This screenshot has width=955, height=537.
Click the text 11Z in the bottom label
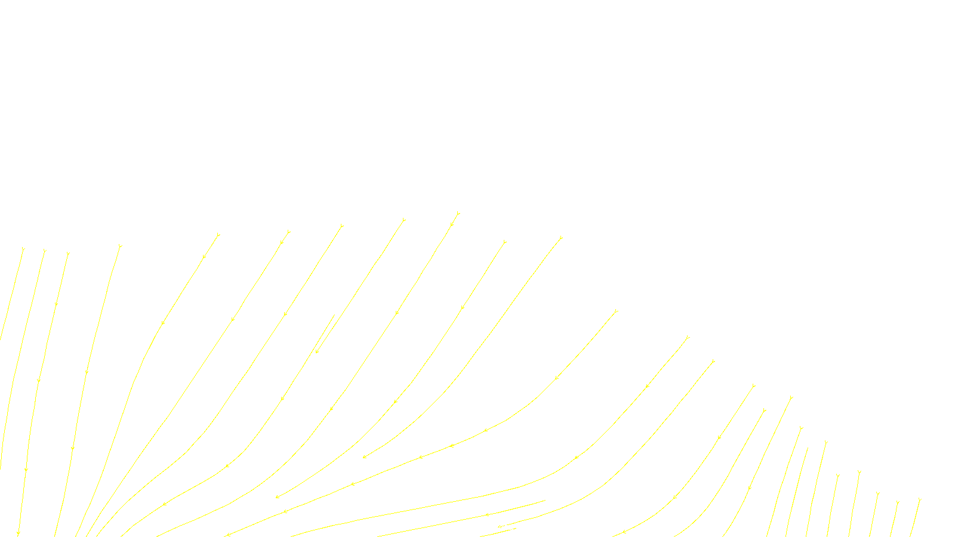click(x=452, y=527)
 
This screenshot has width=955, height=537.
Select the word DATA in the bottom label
click(x=504, y=527)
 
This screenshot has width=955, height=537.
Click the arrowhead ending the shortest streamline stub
click(x=317, y=351)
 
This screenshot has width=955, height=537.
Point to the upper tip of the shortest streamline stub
click(x=334, y=315)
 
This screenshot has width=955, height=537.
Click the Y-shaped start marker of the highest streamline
click(x=458, y=213)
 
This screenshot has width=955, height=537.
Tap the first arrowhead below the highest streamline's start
click(x=452, y=225)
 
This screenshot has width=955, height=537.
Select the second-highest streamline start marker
click(x=403, y=220)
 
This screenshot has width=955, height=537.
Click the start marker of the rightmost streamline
click(x=920, y=499)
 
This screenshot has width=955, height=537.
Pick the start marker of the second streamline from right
click(x=897, y=502)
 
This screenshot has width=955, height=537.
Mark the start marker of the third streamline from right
click(x=877, y=493)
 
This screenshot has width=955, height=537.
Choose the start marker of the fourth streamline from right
click(x=859, y=472)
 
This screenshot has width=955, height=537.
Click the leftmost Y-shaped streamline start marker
click(x=23, y=249)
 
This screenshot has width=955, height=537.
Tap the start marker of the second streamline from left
click(x=44, y=251)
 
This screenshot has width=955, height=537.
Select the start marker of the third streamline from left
click(x=68, y=254)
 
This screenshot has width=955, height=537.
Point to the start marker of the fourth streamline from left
click(x=120, y=246)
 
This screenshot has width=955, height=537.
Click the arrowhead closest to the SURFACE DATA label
click(x=487, y=514)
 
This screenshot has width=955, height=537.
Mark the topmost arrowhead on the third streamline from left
click(x=56, y=304)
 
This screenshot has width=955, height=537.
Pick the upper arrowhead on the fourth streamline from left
click(x=87, y=373)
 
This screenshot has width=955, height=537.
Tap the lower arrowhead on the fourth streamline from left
click(x=72, y=447)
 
